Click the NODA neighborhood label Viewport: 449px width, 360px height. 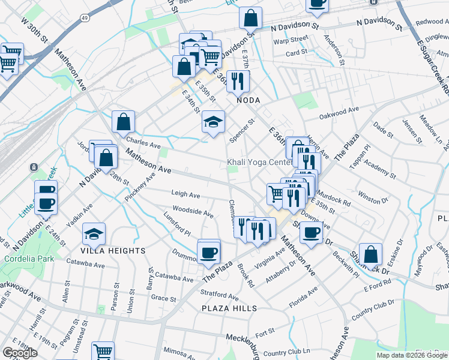[247, 100]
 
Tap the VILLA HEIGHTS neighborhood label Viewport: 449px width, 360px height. [114, 250]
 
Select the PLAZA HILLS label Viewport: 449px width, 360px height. [229, 308]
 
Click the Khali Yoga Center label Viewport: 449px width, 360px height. [259, 163]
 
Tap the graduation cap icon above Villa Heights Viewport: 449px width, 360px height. [94, 233]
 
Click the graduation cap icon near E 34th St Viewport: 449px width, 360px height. [213, 122]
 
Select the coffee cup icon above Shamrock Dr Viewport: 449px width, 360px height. [310, 232]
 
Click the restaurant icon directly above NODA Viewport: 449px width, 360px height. [238, 80]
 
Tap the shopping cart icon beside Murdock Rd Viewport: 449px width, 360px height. [276, 193]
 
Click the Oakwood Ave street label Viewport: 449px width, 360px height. [339, 112]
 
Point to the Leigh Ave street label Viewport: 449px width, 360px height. [185, 195]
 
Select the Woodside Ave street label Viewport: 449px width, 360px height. [193, 212]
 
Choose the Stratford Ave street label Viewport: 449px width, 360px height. [220, 295]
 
